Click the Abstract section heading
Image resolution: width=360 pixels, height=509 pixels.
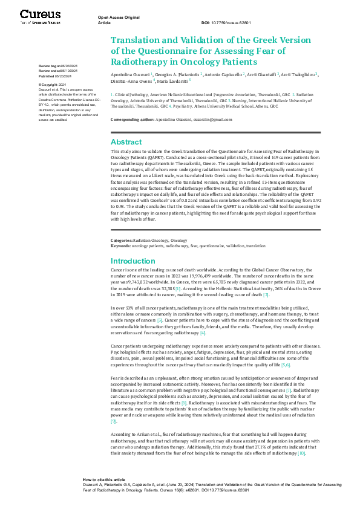127,141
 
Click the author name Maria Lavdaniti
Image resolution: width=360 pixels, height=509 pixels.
172,79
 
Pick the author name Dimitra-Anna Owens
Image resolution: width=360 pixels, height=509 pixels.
133,79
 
